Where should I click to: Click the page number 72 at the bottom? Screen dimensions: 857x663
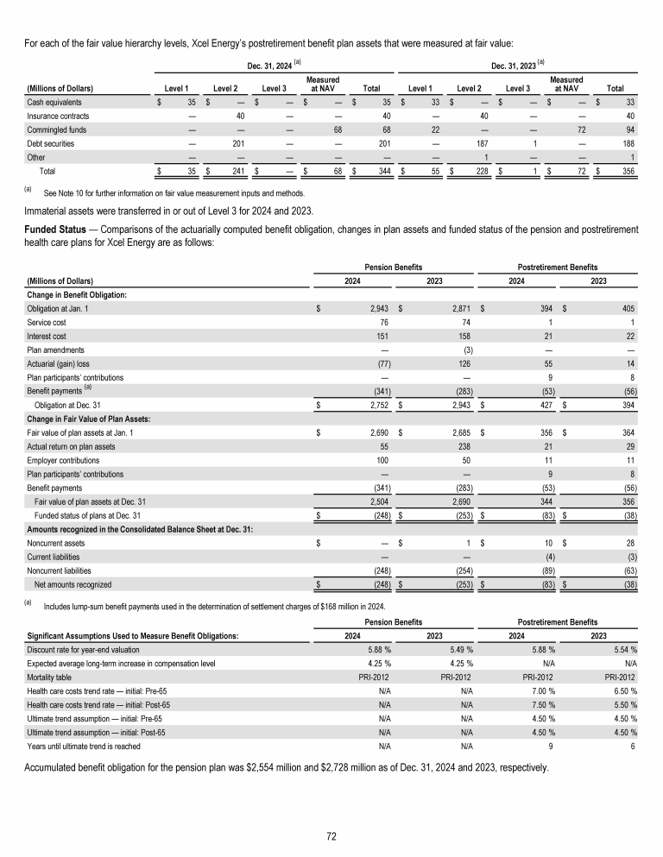(x=331, y=835)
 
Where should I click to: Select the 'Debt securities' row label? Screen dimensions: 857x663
(x=51, y=142)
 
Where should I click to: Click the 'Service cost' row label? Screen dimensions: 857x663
(x=47, y=322)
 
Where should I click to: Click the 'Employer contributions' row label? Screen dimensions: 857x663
(x=61, y=460)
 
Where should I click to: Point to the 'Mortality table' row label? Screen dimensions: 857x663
(x=51, y=677)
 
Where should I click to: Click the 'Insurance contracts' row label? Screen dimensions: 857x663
(x=57, y=115)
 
